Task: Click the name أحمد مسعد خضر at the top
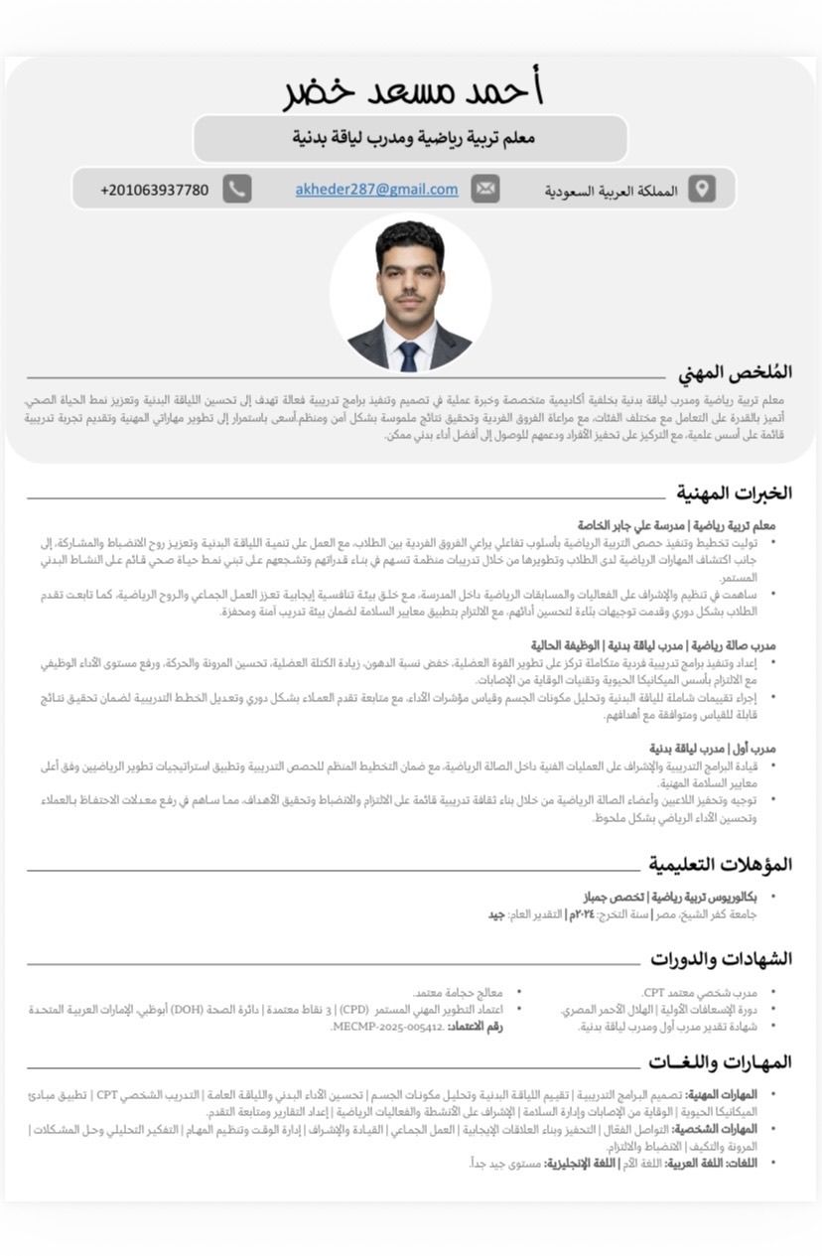tap(412, 90)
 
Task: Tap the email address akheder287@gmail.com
tap(376, 189)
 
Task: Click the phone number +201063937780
tap(155, 190)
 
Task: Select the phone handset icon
tap(236, 189)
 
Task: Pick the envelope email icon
tap(484, 189)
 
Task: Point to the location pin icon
tap(701, 189)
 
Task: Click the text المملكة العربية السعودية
tap(611, 191)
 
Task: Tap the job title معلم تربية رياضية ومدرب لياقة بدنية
tap(413, 138)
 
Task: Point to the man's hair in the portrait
tap(409, 238)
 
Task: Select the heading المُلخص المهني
tap(735, 373)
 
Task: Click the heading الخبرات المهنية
tap(734, 493)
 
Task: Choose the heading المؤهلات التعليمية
tap(721, 864)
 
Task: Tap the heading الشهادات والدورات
tap(721, 959)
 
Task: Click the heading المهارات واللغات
tap(720, 1062)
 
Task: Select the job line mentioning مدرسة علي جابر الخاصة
tap(676, 524)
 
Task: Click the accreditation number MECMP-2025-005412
tap(387, 1027)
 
